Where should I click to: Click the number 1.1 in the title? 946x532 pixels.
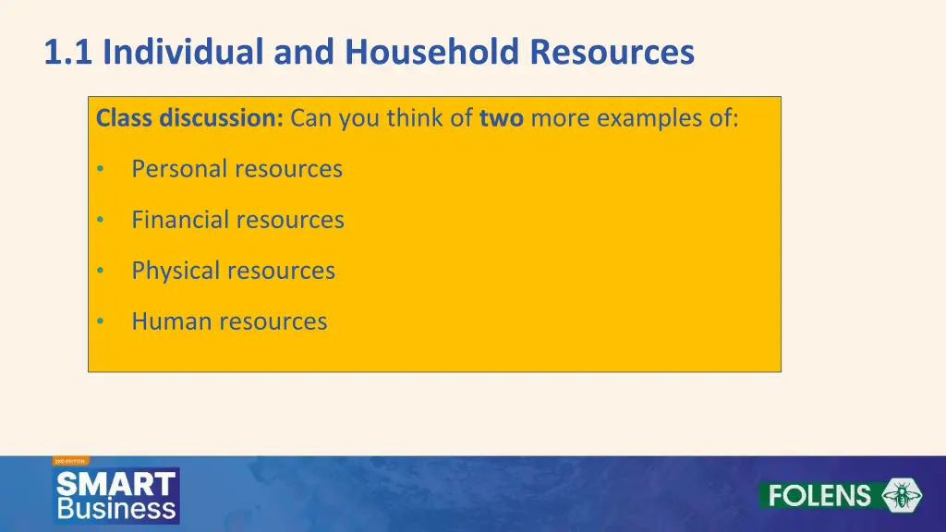(69, 53)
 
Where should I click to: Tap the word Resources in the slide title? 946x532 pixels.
(612, 53)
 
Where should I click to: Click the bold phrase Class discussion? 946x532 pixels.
(190, 119)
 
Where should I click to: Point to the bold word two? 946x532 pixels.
(502, 119)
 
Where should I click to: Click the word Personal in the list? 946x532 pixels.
(179, 169)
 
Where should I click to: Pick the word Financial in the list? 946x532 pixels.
(180, 220)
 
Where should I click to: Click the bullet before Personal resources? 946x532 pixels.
(101, 170)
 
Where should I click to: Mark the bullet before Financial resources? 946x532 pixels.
(101, 221)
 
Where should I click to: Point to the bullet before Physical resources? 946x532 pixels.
(101, 272)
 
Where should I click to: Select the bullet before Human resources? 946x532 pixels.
(101, 322)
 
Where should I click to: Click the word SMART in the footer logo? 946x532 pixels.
(116, 483)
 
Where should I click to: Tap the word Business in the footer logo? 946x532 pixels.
(116, 508)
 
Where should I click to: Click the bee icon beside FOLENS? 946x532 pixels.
(901, 495)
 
